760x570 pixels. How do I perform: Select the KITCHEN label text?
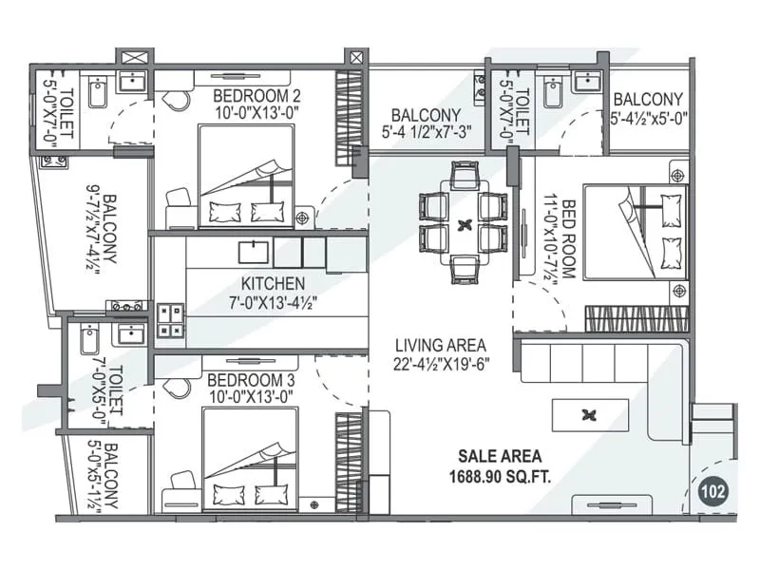[x=273, y=283]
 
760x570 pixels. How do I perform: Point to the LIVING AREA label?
[x=441, y=345]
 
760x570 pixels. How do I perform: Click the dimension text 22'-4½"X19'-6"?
[x=441, y=363]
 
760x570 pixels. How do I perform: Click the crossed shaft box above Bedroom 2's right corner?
[x=355, y=57]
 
